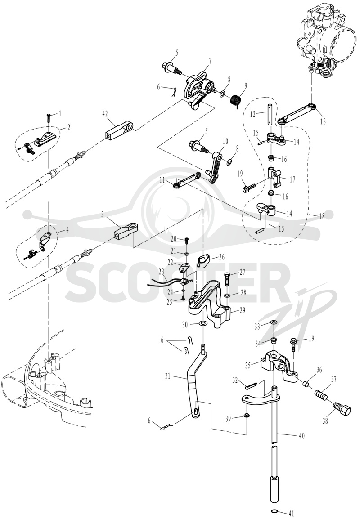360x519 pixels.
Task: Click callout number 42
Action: (x=105, y=113)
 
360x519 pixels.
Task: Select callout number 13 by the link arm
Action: (x=323, y=121)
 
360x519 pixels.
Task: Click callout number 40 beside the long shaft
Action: (x=301, y=436)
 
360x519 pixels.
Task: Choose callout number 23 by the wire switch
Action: (x=162, y=271)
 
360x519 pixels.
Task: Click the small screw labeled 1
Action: (x=49, y=117)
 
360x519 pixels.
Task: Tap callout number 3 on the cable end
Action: (x=103, y=215)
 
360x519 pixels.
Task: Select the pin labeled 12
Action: (x=270, y=115)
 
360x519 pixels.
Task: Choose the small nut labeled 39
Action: (x=247, y=416)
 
